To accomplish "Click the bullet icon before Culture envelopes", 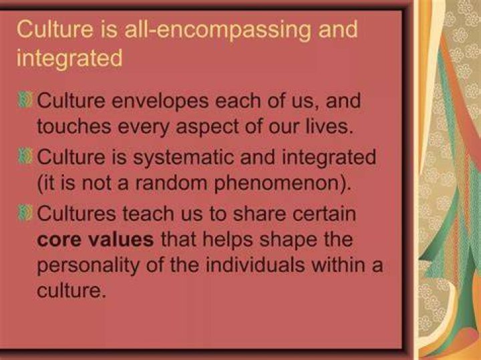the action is click(x=25, y=100).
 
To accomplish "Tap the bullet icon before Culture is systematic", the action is click(x=25, y=156).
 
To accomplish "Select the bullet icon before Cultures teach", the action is click(x=25, y=212).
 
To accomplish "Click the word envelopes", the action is click(x=160, y=102).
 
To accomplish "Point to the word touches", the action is click(x=73, y=126).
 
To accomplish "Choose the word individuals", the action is click(x=255, y=264).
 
